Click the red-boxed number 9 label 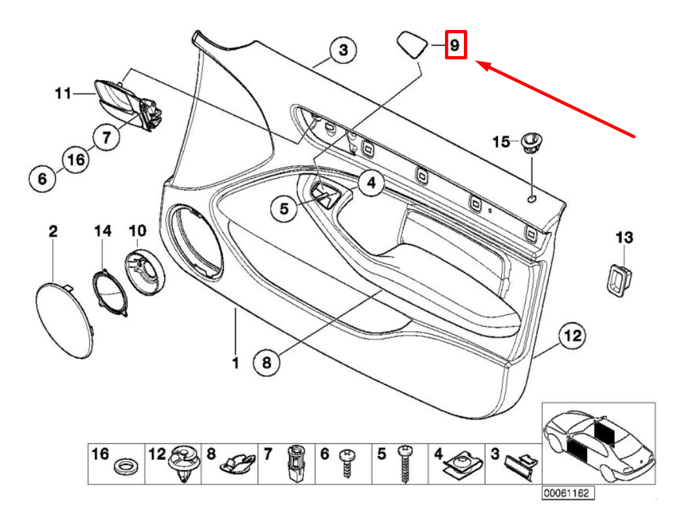click(x=455, y=46)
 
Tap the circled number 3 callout click(x=343, y=50)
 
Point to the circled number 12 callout click(x=572, y=336)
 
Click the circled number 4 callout click(x=370, y=183)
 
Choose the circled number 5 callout click(x=284, y=209)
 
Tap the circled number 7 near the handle click(x=106, y=137)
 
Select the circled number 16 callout click(x=76, y=160)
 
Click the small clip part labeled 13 click(x=617, y=279)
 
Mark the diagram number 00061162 click(x=566, y=494)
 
